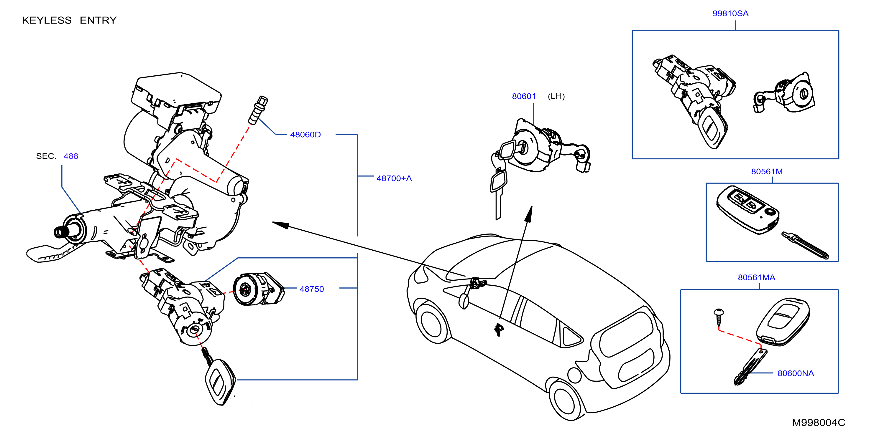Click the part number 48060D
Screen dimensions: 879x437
point(305,135)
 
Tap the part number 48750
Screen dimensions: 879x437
point(312,289)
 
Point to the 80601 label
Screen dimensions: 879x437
point(523,97)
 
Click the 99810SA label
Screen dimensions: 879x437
point(730,14)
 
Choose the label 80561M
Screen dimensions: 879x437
point(767,171)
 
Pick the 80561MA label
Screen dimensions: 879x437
point(756,277)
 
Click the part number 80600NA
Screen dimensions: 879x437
point(795,373)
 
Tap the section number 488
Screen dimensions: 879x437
point(71,156)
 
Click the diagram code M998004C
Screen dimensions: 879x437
point(818,423)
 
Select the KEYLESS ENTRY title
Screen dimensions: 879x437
point(69,20)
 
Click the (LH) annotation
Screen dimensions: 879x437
point(556,97)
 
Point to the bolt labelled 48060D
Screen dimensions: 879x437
point(258,110)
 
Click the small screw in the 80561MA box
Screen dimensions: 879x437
point(719,317)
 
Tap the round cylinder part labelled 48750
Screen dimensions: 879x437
point(258,289)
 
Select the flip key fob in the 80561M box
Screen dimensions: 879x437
point(747,210)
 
